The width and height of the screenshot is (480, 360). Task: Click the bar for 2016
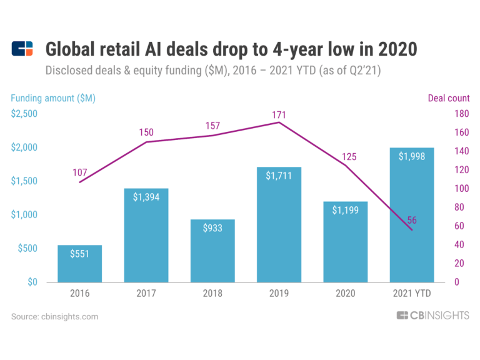(x=80, y=264)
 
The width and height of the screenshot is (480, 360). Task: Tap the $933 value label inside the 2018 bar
(x=213, y=229)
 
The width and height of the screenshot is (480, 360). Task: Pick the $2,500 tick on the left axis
(x=24, y=114)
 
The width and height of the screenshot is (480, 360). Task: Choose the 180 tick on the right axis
(x=461, y=114)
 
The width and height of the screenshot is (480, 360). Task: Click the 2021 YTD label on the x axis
(x=411, y=293)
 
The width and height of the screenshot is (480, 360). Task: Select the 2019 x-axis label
(x=279, y=293)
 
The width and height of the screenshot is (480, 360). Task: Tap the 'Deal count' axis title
(x=448, y=98)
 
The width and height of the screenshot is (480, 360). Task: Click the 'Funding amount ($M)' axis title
(x=53, y=98)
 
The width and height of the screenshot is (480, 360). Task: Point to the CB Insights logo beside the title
(x=22, y=49)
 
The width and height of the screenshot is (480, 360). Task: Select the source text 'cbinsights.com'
(x=70, y=317)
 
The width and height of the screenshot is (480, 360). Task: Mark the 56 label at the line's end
(x=412, y=219)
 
